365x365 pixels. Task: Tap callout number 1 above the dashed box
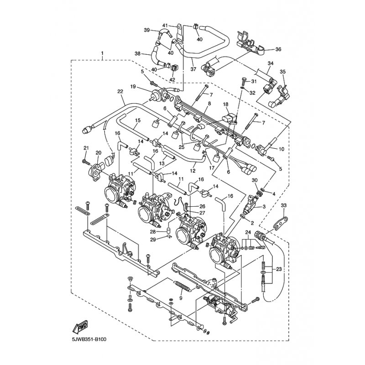point(102,53)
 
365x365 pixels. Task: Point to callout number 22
point(120,92)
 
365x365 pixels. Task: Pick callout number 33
point(284,205)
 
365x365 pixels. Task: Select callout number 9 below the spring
point(181,298)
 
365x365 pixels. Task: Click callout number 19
point(133,87)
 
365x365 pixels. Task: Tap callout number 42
point(172,79)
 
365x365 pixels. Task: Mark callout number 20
point(99,152)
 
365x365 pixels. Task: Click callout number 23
point(279,269)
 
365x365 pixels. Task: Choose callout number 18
point(225,104)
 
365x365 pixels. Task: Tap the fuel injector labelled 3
point(250,206)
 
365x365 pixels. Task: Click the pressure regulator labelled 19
point(159,95)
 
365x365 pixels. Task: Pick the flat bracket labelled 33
point(281,222)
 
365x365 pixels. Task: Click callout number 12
point(193,171)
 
